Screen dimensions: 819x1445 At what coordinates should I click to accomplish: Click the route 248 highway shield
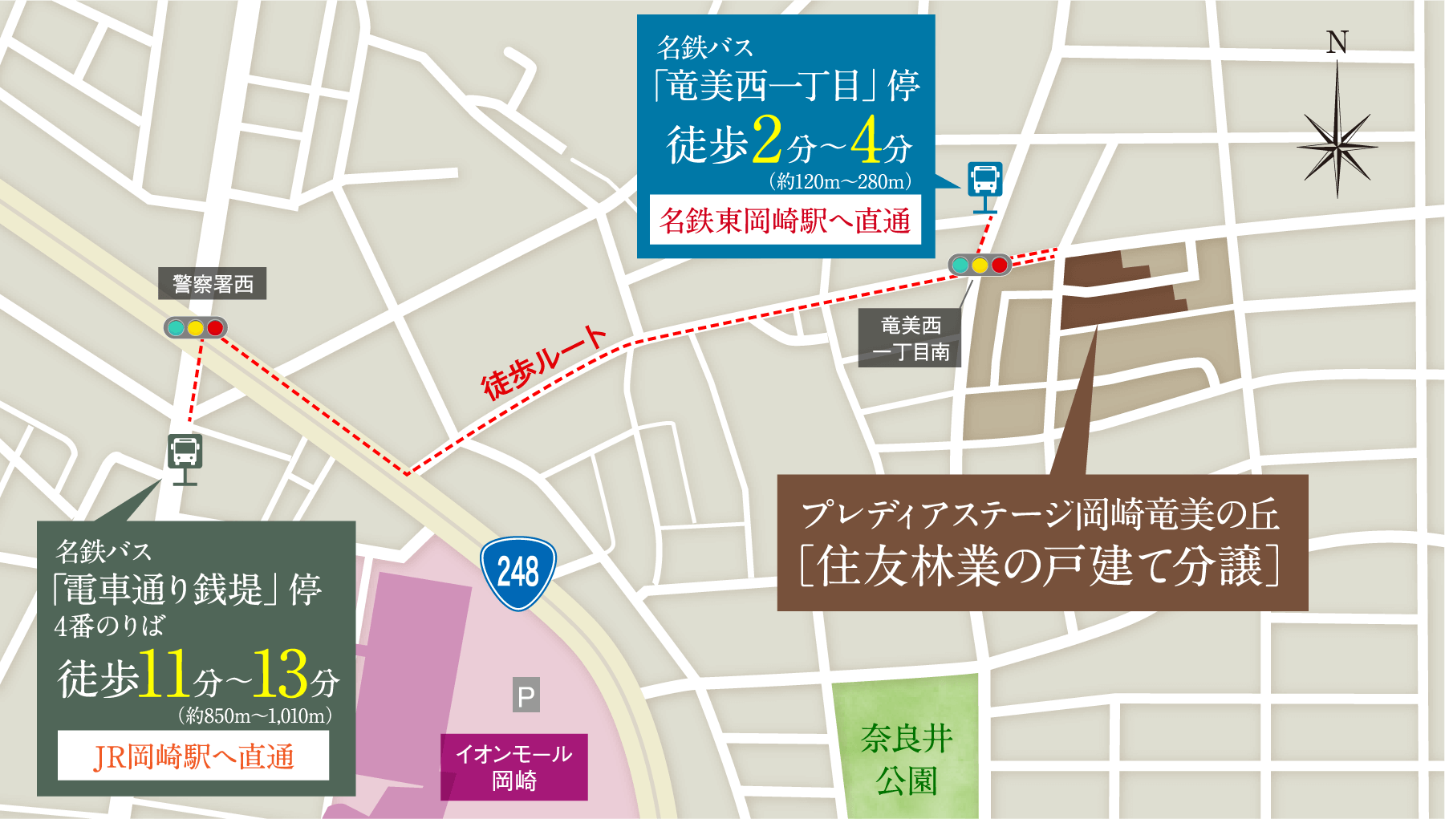(x=518, y=573)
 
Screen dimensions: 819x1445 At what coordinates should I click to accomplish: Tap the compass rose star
(x=1337, y=146)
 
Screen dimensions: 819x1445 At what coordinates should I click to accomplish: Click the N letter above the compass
(x=1337, y=43)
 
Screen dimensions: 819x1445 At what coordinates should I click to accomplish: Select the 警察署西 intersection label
(x=213, y=284)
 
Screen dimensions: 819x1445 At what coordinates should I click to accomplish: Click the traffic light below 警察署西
(x=195, y=328)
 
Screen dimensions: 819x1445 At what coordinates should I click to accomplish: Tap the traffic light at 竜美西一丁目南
(x=980, y=265)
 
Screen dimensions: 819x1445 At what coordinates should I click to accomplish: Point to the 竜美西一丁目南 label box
(x=910, y=339)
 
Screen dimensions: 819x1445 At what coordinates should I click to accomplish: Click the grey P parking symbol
(x=526, y=695)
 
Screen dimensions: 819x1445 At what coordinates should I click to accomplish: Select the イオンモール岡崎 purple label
(x=514, y=767)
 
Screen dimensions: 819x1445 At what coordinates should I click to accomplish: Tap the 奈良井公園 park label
(x=907, y=759)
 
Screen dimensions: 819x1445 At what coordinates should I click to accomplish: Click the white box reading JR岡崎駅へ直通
(x=193, y=756)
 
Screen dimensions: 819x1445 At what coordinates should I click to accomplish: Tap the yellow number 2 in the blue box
(x=767, y=141)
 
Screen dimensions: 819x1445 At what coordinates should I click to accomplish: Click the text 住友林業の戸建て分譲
(x=1041, y=566)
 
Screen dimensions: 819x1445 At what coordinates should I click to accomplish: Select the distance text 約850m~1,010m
(x=256, y=716)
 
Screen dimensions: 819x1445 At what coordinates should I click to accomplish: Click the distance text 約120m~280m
(x=840, y=182)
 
